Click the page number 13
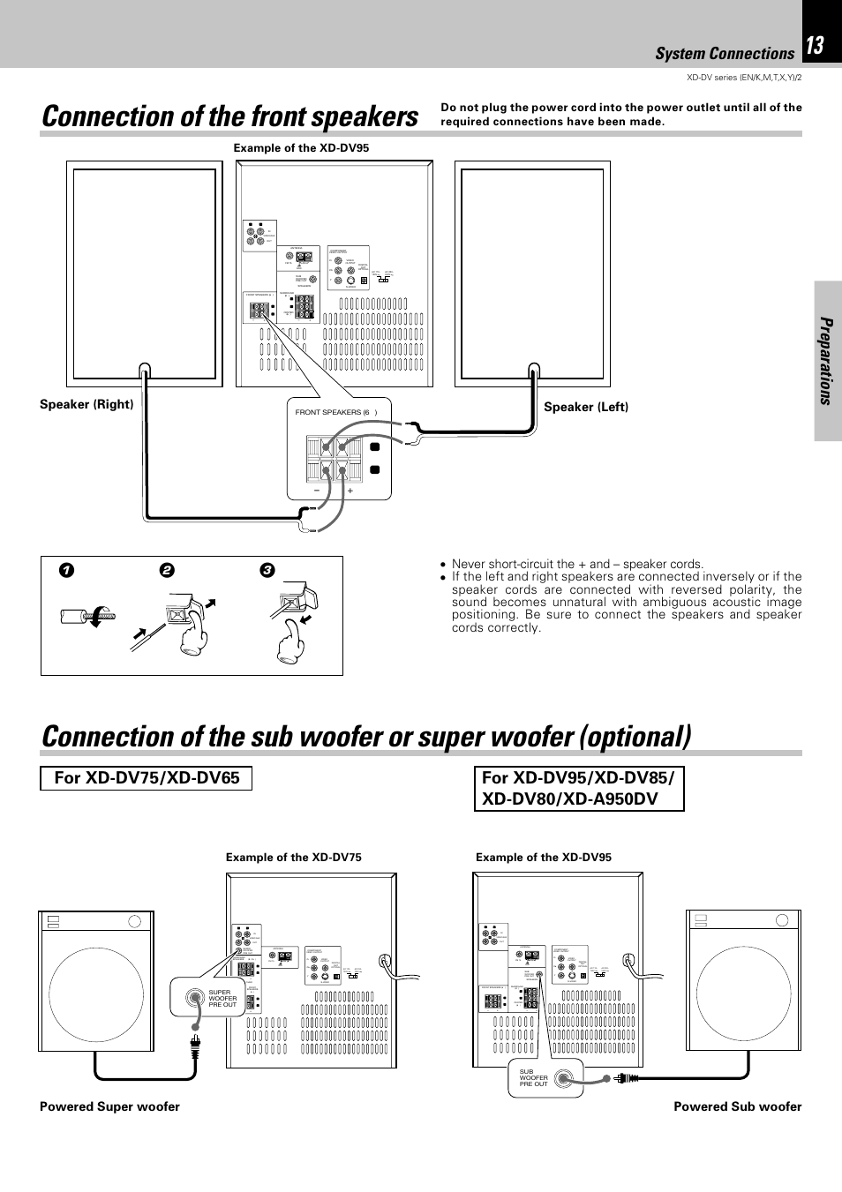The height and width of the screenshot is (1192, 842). (x=815, y=45)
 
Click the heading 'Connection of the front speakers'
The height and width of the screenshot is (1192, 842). (x=229, y=116)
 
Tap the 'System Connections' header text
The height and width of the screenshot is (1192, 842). (x=724, y=54)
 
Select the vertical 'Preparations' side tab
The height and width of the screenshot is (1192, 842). (x=826, y=361)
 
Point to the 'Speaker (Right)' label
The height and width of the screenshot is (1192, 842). (x=86, y=404)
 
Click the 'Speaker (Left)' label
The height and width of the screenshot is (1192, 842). (x=586, y=407)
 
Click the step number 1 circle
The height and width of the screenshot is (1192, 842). (x=67, y=571)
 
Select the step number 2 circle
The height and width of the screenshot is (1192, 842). (x=167, y=571)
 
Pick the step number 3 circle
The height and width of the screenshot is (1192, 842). (x=267, y=571)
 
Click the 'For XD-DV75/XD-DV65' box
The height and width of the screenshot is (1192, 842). (x=147, y=777)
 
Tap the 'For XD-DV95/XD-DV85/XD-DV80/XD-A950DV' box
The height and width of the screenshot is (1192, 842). (x=579, y=788)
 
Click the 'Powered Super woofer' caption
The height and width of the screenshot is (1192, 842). (x=109, y=1106)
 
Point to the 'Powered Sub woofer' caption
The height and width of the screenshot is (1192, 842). (x=737, y=1106)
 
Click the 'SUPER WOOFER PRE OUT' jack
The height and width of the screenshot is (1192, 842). (x=194, y=998)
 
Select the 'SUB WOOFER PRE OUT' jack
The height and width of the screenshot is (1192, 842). (x=565, y=1077)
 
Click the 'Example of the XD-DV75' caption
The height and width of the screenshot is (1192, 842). (x=293, y=857)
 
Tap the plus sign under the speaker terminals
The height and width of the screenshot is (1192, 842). (x=350, y=491)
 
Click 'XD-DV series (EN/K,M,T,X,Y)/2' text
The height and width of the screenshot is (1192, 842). (x=743, y=78)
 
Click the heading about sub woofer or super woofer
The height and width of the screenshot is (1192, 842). (x=366, y=737)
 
